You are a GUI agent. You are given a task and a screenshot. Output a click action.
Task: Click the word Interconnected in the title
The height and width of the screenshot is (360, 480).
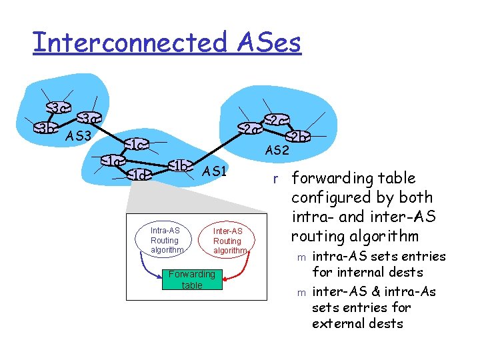tap(129, 42)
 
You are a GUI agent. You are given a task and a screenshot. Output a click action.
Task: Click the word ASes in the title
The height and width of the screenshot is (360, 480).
tap(267, 42)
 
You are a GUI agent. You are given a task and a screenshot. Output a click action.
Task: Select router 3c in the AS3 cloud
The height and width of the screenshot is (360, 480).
tap(57, 107)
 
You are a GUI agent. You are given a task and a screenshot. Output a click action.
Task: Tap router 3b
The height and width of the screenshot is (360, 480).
tap(45, 128)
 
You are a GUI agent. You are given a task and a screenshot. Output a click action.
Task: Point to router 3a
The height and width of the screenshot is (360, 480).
tap(89, 119)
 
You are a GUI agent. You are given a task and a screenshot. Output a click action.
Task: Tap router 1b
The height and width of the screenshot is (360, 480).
tap(180, 165)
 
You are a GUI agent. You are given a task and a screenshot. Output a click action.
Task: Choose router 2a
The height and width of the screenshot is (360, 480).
tap(248, 129)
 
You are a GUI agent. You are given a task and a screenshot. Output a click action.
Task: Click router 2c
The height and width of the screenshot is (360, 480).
tap(275, 120)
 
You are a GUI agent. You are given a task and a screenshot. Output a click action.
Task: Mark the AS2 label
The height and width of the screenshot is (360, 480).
tap(277, 151)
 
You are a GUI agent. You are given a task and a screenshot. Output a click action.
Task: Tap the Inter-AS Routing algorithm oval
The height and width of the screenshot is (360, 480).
tap(228, 241)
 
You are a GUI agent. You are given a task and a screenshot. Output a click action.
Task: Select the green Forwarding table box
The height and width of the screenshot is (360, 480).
tap(191, 279)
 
